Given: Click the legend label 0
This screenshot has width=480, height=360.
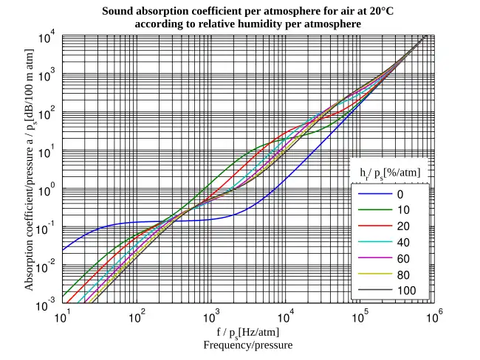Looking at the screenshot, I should point(400,195).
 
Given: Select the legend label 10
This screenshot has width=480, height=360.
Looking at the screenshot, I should point(402,210).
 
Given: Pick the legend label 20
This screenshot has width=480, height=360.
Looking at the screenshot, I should point(402,226).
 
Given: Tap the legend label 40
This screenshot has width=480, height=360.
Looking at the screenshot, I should point(402,243).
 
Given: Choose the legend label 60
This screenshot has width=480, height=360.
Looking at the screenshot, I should point(402,258).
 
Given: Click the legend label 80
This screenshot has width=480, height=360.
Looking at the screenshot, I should point(402,274).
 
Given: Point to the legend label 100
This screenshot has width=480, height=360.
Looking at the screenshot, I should point(405,291).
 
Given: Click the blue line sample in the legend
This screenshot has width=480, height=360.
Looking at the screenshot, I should point(373,195).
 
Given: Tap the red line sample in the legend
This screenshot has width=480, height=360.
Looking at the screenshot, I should point(373,226).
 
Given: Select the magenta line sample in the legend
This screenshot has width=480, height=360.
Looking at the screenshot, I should point(373,258).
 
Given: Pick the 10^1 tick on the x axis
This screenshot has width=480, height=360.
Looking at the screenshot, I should point(63,318).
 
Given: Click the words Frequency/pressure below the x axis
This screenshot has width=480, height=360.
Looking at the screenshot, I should point(248,345).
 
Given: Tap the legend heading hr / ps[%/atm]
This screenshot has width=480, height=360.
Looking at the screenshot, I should point(390,173).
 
